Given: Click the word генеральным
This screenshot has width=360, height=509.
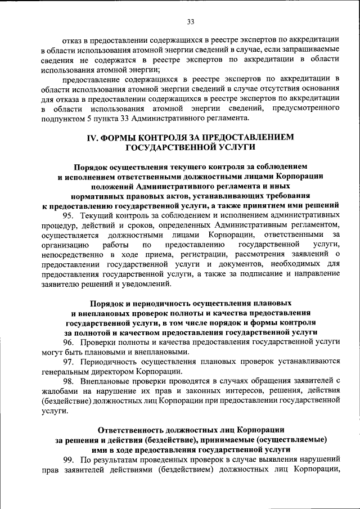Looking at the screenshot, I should click(67, 371).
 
